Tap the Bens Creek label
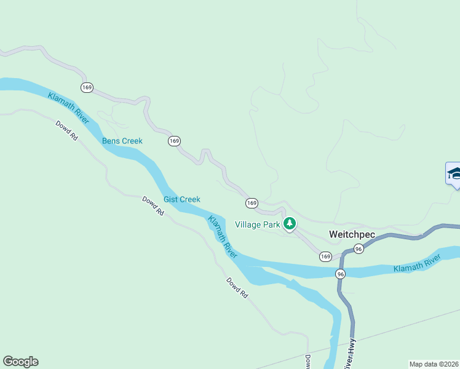coord(122,141)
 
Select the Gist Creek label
coord(181,199)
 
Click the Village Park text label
coord(258,224)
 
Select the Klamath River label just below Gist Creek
coord(222,236)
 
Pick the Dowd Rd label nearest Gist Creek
coord(153,205)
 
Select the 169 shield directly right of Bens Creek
coord(174,141)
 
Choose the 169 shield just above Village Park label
coord(252,203)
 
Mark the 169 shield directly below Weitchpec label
coord(325,256)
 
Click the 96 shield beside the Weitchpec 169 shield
coord(359,248)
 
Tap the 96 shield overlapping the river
coord(341,273)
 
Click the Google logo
coord(20,362)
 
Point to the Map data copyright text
coord(434,364)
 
